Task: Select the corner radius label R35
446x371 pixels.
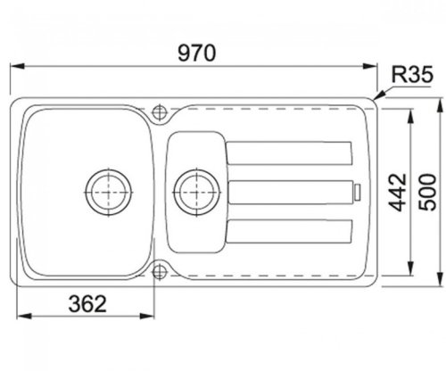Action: coord(414,77)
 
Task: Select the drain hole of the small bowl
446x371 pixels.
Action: coord(193,189)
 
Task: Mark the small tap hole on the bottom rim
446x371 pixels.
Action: coord(161,268)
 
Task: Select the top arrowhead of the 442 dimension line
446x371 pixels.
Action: coord(411,115)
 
